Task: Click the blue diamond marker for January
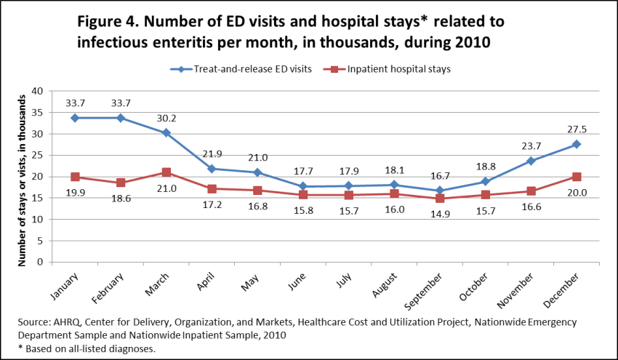click(75, 118)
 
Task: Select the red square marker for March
click(166, 172)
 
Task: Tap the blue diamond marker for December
click(576, 144)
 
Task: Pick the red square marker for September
click(439, 199)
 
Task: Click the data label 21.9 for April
click(212, 153)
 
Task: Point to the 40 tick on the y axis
click(38, 91)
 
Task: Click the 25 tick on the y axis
click(38, 155)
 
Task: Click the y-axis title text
click(21, 175)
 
